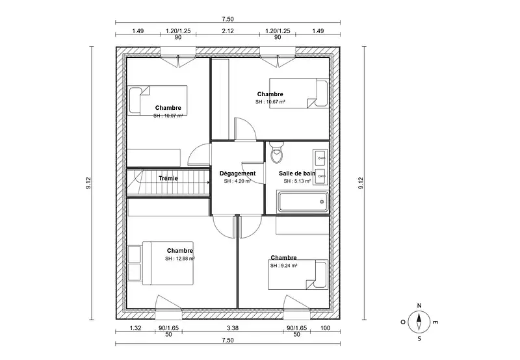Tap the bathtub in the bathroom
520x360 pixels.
(x=304, y=201)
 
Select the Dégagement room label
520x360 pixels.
(x=237, y=174)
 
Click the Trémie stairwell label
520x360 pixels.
(x=168, y=178)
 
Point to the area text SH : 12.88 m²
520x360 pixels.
(x=180, y=259)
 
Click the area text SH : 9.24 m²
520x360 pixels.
(x=283, y=266)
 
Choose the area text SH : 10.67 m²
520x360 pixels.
(x=270, y=102)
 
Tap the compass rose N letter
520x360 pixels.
(x=419, y=305)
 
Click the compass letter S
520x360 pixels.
(x=419, y=339)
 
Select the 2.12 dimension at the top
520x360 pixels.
(x=228, y=31)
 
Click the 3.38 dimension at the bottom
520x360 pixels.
(x=233, y=328)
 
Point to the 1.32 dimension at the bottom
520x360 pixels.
(x=135, y=328)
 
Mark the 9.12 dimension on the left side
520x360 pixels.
(x=88, y=183)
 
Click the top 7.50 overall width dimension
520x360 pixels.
(x=228, y=19)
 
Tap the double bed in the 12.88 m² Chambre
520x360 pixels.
(x=160, y=263)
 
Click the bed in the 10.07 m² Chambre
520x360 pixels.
(x=157, y=100)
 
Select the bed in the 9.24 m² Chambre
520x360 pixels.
(x=298, y=274)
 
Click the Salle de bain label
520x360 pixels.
(x=297, y=174)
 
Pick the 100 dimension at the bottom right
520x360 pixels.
(x=326, y=328)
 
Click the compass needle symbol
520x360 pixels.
(x=419, y=322)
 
